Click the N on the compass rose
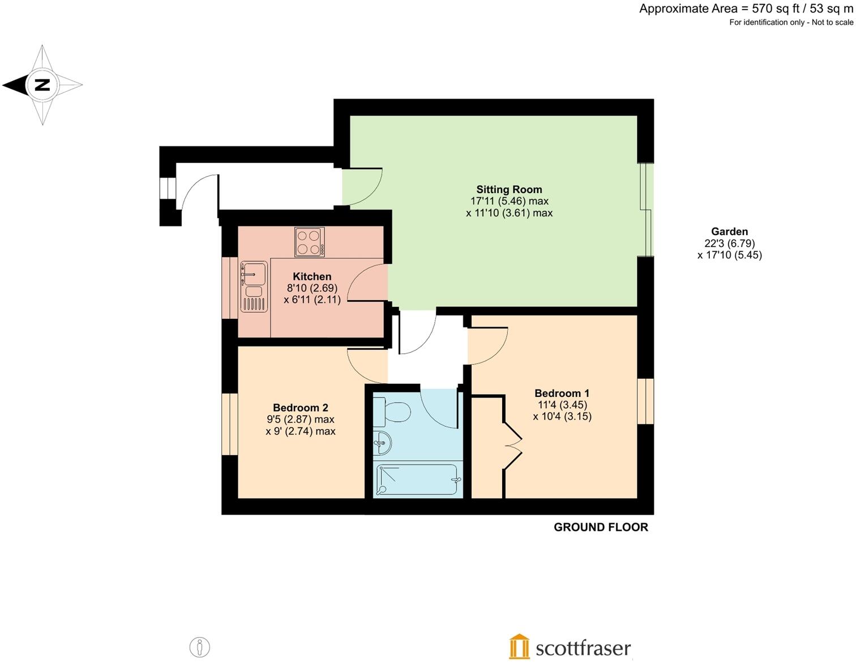(x=42, y=85)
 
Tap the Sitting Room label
(x=509, y=190)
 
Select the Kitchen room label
(x=312, y=276)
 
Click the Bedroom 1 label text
(x=562, y=393)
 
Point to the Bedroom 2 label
(x=300, y=408)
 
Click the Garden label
(x=729, y=232)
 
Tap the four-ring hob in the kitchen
(x=309, y=242)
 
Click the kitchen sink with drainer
(x=254, y=287)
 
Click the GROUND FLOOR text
(x=601, y=527)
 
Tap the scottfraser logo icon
(x=519, y=647)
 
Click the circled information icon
(x=199, y=647)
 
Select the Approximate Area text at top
(x=746, y=8)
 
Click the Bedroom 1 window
(x=645, y=401)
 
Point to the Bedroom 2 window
(x=229, y=424)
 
